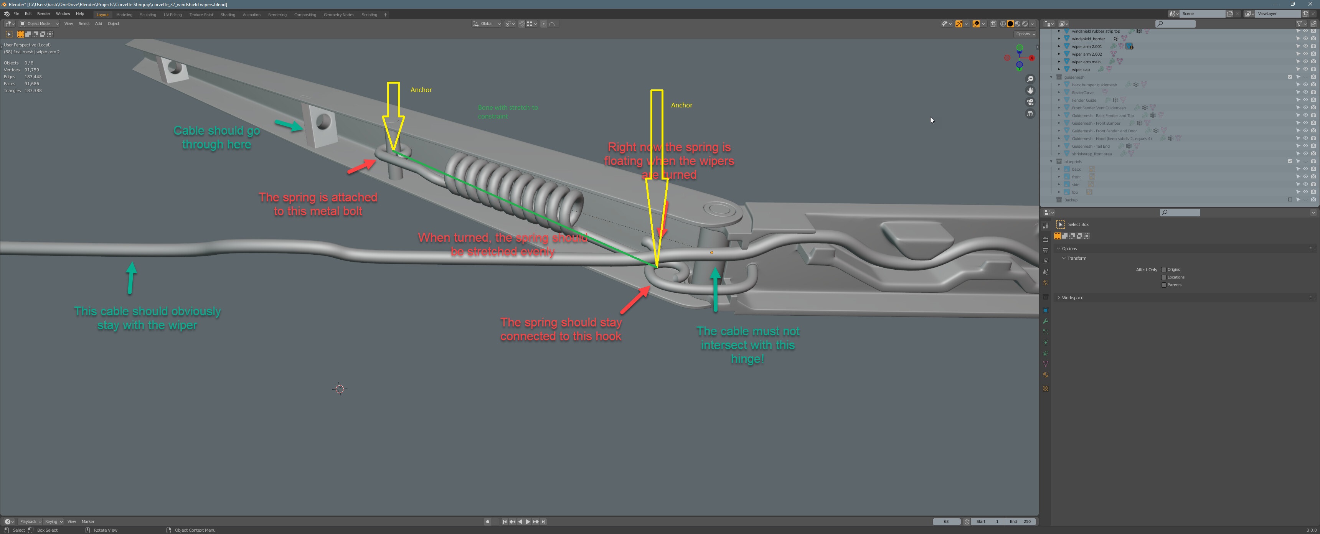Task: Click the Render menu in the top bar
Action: coord(44,14)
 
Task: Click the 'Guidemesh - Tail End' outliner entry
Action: coord(1091,147)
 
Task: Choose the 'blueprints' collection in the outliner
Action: coord(1072,162)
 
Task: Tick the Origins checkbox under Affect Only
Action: coord(1164,270)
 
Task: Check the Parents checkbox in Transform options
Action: coord(1164,285)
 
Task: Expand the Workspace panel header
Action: coord(1072,298)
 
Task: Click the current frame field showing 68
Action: coord(946,522)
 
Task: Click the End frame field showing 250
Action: coord(1020,522)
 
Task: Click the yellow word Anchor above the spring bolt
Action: coord(421,90)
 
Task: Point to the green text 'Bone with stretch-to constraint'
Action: coord(507,112)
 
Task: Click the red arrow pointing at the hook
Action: coord(635,300)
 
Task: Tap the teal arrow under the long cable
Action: coord(131,278)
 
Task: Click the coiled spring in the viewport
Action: coord(512,190)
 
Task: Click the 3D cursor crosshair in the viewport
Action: coord(340,389)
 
